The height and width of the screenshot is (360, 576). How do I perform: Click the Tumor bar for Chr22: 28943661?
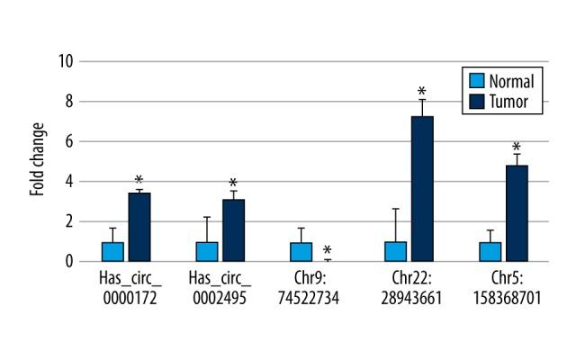422,189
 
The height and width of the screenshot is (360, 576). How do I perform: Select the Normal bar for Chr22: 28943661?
395,251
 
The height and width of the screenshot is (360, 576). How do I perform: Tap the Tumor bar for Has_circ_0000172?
139,227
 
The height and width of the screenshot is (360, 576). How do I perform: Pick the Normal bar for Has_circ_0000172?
112,251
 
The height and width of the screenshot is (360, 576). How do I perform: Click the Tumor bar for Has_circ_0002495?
233,230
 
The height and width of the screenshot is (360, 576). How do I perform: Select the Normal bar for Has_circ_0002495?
207,251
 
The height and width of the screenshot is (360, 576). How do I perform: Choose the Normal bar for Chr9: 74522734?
301,251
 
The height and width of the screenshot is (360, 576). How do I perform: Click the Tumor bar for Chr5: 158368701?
517,213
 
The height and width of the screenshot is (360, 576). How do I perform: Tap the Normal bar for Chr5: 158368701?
490,251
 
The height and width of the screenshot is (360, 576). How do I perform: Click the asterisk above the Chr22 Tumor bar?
421,92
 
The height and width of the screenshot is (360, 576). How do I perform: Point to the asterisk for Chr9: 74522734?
328,251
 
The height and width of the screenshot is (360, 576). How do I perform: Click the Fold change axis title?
37,161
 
